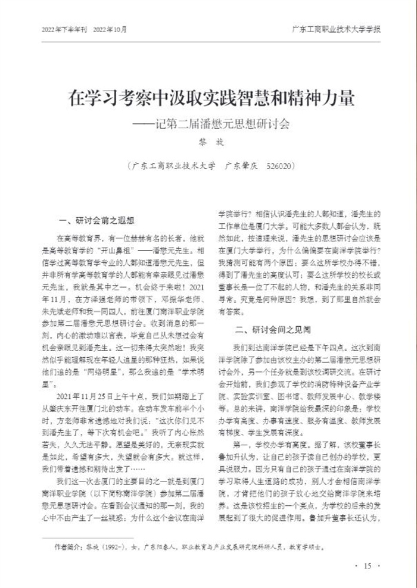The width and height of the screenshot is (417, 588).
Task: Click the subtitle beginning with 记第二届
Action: point(212,124)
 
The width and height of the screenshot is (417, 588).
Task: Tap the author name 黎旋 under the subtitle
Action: point(208,142)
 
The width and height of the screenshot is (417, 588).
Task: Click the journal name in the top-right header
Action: point(337,29)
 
